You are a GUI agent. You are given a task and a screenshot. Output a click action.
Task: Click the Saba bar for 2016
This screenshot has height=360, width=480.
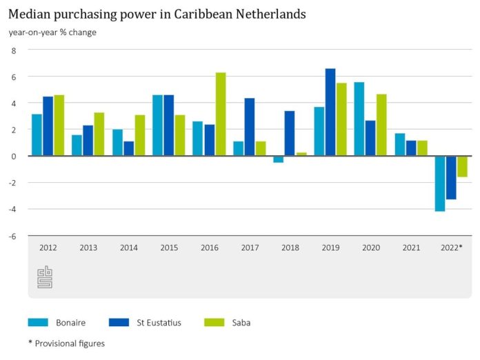coord(221,114)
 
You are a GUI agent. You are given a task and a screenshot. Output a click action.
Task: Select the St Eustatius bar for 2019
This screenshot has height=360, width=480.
coord(330,112)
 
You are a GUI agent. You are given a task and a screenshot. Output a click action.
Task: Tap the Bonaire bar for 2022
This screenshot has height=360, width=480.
coord(439,183)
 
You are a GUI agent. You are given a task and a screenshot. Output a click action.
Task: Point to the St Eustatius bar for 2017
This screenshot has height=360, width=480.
coord(249,127)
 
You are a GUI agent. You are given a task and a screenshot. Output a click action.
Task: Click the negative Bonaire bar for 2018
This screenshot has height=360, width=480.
coord(278,159)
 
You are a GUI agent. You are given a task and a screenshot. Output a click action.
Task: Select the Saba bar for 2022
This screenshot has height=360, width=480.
coord(462,166)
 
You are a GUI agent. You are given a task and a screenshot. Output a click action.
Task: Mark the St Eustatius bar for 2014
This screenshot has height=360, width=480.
coord(128,148)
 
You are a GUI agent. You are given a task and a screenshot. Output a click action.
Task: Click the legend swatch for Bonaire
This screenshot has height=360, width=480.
coord(38,322)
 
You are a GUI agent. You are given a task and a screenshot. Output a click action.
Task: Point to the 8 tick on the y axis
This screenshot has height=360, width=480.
coord(12,50)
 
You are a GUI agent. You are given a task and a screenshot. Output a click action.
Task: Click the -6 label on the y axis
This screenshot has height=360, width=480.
coord(11,236)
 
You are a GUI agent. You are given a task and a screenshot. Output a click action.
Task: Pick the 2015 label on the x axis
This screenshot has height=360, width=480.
coord(169,247)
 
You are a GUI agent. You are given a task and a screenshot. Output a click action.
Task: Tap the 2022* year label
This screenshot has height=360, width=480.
coord(451,247)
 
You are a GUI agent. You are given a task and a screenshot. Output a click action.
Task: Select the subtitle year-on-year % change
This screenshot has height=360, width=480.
coord(52,32)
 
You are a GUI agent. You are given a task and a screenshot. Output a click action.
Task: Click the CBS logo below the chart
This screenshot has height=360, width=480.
coord(44,277)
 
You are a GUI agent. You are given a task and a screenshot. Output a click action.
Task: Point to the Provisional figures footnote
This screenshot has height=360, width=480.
coord(66,343)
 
